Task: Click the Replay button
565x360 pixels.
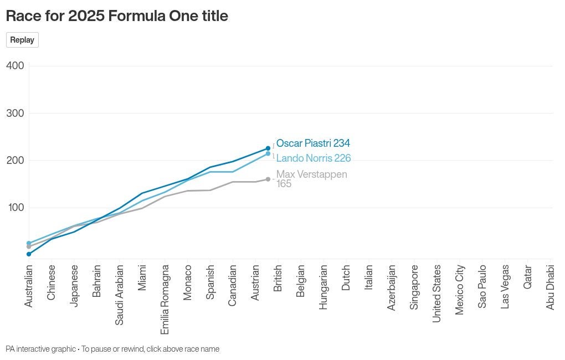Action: pyautogui.click(x=22, y=40)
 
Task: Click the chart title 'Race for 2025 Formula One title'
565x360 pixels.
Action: pyautogui.click(x=117, y=16)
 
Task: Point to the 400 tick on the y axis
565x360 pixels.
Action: pyautogui.click(x=15, y=66)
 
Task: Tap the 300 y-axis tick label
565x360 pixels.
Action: pyautogui.click(x=15, y=113)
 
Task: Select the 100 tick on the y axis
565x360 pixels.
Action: pyautogui.click(x=15, y=208)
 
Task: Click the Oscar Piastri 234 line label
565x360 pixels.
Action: pyautogui.click(x=313, y=143)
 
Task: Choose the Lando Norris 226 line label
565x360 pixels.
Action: pyautogui.click(x=314, y=158)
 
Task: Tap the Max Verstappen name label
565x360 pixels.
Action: pyautogui.click(x=312, y=174)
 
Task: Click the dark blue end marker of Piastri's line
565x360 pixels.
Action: pyautogui.click(x=268, y=148)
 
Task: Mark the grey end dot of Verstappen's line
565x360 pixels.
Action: pyautogui.click(x=268, y=179)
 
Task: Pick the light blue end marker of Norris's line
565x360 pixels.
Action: pyautogui.click(x=268, y=153)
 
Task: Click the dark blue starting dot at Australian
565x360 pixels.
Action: pyautogui.click(x=29, y=254)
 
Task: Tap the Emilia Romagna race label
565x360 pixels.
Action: pyautogui.click(x=165, y=299)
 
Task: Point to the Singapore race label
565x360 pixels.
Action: pyautogui.click(x=414, y=287)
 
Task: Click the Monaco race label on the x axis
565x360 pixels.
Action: pyautogui.click(x=188, y=282)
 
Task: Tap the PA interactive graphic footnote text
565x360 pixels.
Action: pyautogui.click(x=112, y=349)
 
